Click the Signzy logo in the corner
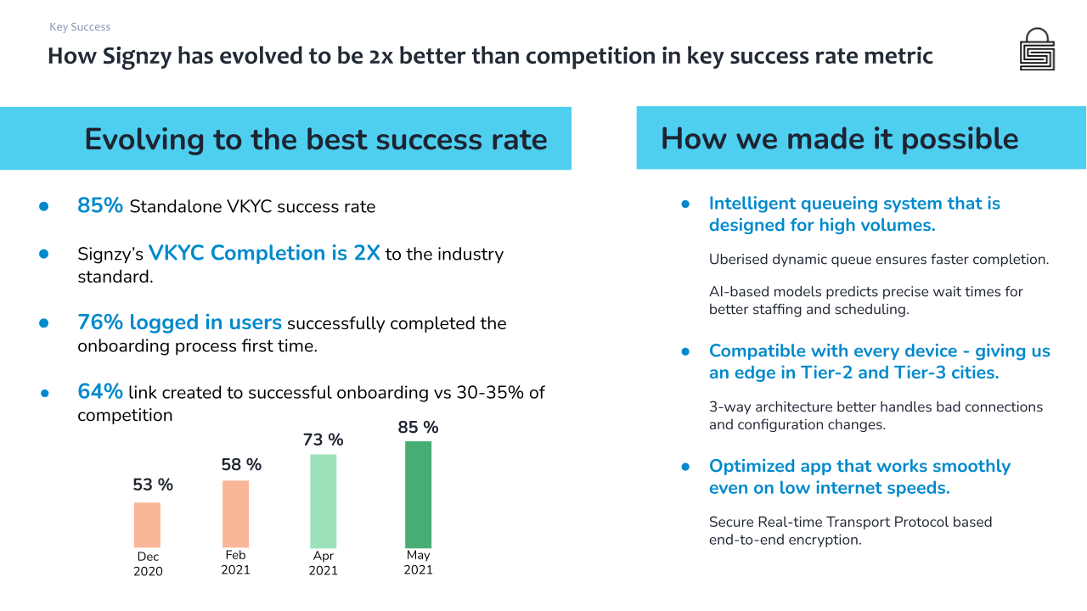pyautogui.click(x=1037, y=49)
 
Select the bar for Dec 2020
pyautogui.click(x=147, y=524)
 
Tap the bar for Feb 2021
pyautogui.click(x=235, y=513)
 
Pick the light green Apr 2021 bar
pyautogui.click(x=323, y=501)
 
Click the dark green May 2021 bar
pyautogui.click(x=418, y=494)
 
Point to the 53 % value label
pyautogui.click(x=153, y=485)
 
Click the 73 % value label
pyautogui.click(x=324, y=440)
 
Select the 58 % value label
pyautogui.click(x=241, y=464)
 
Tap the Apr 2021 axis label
pyautogui.click(x=323, y=563)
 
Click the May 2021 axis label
pyautogui.click(x=418, y=563)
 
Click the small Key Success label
pyautogui.click(x=80, y=27)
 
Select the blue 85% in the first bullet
pyautogui.click(x=100, y=205)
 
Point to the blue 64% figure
pyautogui.click(x=100, y=391)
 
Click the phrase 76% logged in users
pyautogui.click(x=179, y=322)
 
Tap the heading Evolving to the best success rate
pyautogui.click(x=316, y=138)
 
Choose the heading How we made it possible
pyautogui.click(x=839, y=137)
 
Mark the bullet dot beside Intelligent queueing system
pyautogui.click(x=685, y=205)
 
